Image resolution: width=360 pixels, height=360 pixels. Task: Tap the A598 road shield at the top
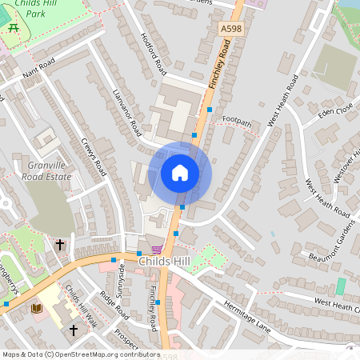coord(231,29)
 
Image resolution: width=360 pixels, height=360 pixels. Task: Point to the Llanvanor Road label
coord(127,111)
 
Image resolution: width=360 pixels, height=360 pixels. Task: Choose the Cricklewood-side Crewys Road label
coord(94,154)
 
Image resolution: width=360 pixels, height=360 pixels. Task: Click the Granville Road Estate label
coord(46,170)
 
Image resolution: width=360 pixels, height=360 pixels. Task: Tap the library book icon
coord(37,308)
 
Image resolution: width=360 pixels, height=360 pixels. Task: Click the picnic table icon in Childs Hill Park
coord(14,28)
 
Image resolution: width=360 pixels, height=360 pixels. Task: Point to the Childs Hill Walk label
coord(80,305)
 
